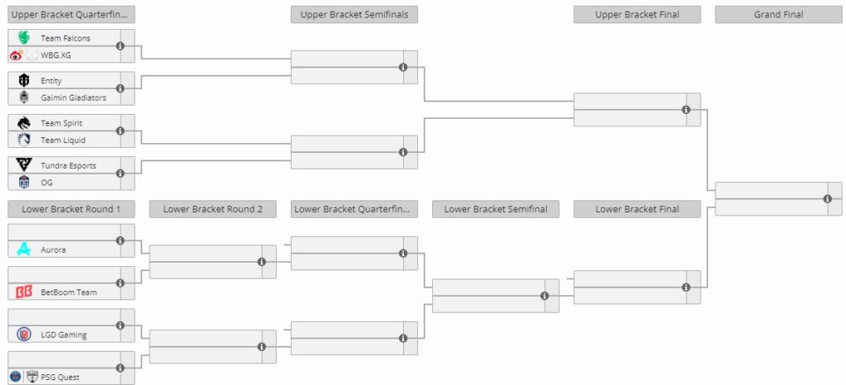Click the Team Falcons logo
[24, 38]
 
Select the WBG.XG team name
[56, 55]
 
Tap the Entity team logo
[24, 80]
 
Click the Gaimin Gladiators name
[74, 97]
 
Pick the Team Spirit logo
[24, 123]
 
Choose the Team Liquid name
[63, 140]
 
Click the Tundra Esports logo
[24, 165]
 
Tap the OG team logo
[24, 183]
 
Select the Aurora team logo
[24, 250]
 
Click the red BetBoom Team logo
[24, 292]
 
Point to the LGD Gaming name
[64, 335]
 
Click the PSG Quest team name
[60, 378]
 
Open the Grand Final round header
[778, 15]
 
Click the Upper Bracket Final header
[637, 15]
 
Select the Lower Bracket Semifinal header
[496, 209]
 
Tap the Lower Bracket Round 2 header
[213, 209]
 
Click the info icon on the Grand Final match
[828, 199]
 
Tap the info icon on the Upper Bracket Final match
[687, 109]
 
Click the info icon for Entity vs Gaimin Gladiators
[121, 88]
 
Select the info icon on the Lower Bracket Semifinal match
[545, 296]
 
